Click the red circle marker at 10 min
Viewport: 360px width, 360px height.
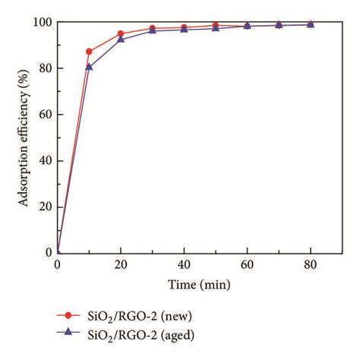point(90,52)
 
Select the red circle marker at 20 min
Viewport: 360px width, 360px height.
point(121,33)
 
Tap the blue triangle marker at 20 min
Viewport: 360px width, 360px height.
point(121,39)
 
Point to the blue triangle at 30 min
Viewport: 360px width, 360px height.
point(153,30)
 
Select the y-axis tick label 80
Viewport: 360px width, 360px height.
point(44,68)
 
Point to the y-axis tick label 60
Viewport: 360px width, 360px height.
point(44,115)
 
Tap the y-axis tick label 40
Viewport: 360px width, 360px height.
point(44,160)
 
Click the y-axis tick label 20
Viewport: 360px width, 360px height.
point(44,207)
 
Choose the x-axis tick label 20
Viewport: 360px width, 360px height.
point(121,264)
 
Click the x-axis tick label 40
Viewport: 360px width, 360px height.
point(184,264)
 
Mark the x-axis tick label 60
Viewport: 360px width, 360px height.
point(247,264)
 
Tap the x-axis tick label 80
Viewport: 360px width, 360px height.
point(310,264)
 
